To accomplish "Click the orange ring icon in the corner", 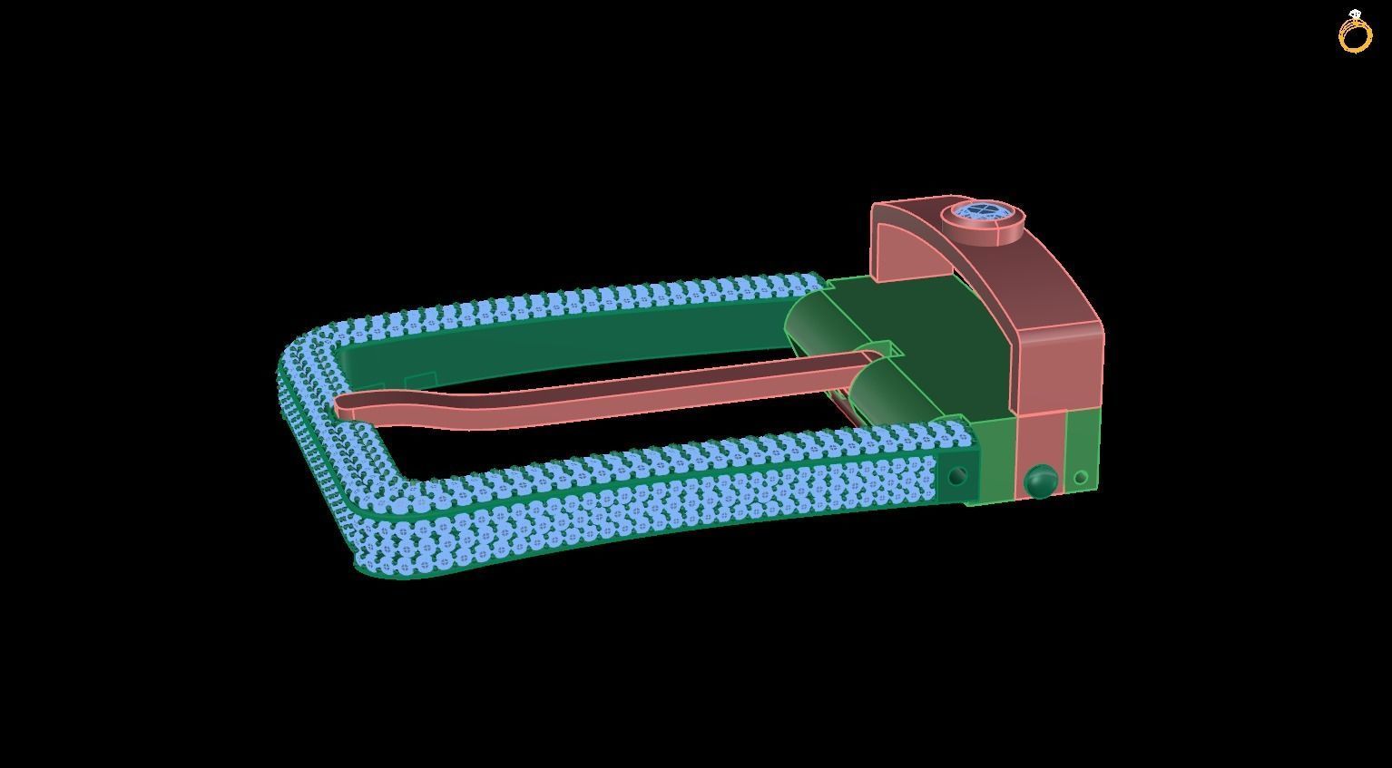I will click(1356, 34).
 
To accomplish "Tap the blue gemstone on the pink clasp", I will click(983, 213).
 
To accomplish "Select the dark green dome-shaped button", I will click(1040, 481).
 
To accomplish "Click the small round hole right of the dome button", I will click(1081, 477).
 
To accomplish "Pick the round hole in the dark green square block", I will click(956, 476).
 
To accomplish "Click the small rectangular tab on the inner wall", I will click(420, 380).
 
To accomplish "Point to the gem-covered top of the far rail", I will click(590, 299).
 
